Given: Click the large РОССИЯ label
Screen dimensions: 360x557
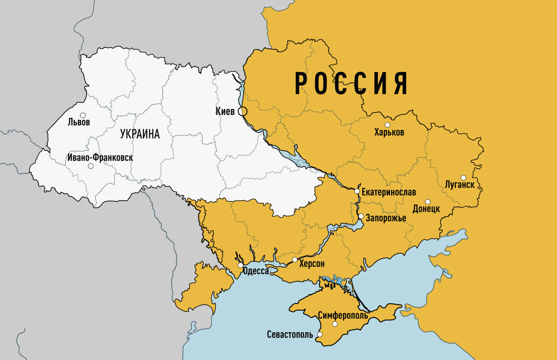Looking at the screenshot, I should point(351,84).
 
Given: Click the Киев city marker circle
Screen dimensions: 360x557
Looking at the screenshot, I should point(242,111).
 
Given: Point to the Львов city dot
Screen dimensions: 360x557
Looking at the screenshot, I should point(83,115).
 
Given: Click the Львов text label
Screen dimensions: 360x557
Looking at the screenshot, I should point(79,123).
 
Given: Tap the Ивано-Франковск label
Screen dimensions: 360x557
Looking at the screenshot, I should point(100,157).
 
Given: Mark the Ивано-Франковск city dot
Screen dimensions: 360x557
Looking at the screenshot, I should point(91,166).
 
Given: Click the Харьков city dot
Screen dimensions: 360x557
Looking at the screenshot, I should point(387,124).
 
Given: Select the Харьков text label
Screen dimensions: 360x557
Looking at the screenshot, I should point(389,132).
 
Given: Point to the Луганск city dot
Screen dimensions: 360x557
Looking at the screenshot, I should point(463,177).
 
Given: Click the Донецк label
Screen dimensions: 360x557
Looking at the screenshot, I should point(426,209).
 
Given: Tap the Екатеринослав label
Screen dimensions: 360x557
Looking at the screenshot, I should point(389,192).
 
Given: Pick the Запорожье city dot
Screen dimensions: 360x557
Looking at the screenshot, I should point(361,216).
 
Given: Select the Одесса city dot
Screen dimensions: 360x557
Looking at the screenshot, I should point(240,265).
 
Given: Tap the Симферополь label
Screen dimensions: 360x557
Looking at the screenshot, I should point(343,315).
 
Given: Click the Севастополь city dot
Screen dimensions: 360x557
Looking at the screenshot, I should point(319,334).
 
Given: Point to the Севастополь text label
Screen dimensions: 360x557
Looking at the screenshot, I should point(290,335).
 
